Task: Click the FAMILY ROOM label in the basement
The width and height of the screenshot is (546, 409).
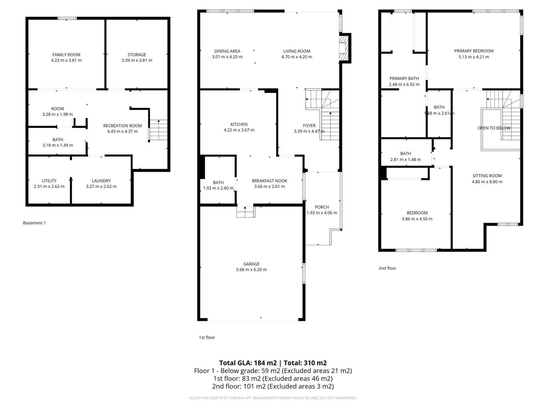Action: click(66, 55)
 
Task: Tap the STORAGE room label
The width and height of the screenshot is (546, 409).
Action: click(137, 55)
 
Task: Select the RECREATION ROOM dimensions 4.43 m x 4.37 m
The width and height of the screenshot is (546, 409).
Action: click(123, 131)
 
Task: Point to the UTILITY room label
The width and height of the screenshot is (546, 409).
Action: click(49, 181)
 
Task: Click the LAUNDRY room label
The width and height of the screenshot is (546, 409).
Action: click(101, 181)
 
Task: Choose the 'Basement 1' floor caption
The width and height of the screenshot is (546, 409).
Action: click(34, 223)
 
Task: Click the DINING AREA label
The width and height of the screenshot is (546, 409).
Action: click(227, 51)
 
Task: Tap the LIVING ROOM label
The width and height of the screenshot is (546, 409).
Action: click(297, 51)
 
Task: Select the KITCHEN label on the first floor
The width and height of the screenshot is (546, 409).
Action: click(239, 124)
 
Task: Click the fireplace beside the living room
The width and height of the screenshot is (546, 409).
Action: click(344, 48)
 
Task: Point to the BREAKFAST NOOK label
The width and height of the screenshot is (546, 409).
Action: click(270, 181)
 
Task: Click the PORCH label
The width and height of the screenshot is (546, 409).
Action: click(322, 207)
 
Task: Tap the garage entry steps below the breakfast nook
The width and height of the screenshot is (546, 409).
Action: click(246, 212)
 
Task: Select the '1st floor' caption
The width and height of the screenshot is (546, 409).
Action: click(207, 337)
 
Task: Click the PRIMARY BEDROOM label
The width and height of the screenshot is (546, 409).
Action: click(474, 51)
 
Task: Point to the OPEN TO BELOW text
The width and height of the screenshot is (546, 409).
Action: click(494, 128)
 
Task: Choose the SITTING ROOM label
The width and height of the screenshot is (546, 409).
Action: click(487, 176)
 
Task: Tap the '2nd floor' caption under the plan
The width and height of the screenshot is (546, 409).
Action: click(387, 268)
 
